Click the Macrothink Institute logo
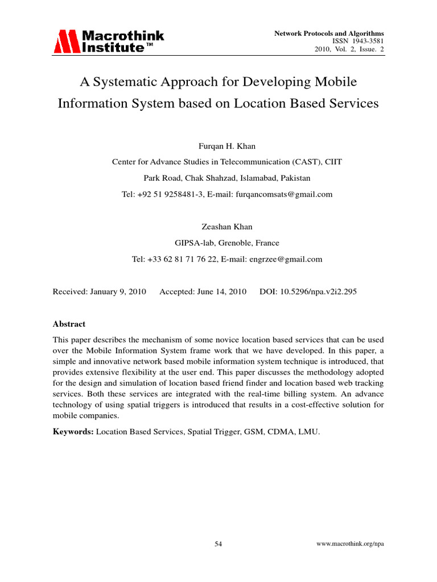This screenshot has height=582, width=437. pos(109,41)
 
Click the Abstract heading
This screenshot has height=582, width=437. pos(69,324)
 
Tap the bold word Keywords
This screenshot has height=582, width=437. pos(73,431)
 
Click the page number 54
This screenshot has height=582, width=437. pos(218,544)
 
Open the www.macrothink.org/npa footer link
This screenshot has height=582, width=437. pos(350,544)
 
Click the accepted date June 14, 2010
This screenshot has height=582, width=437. pos(222,292)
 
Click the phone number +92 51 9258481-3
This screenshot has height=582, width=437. pos(172,194)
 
